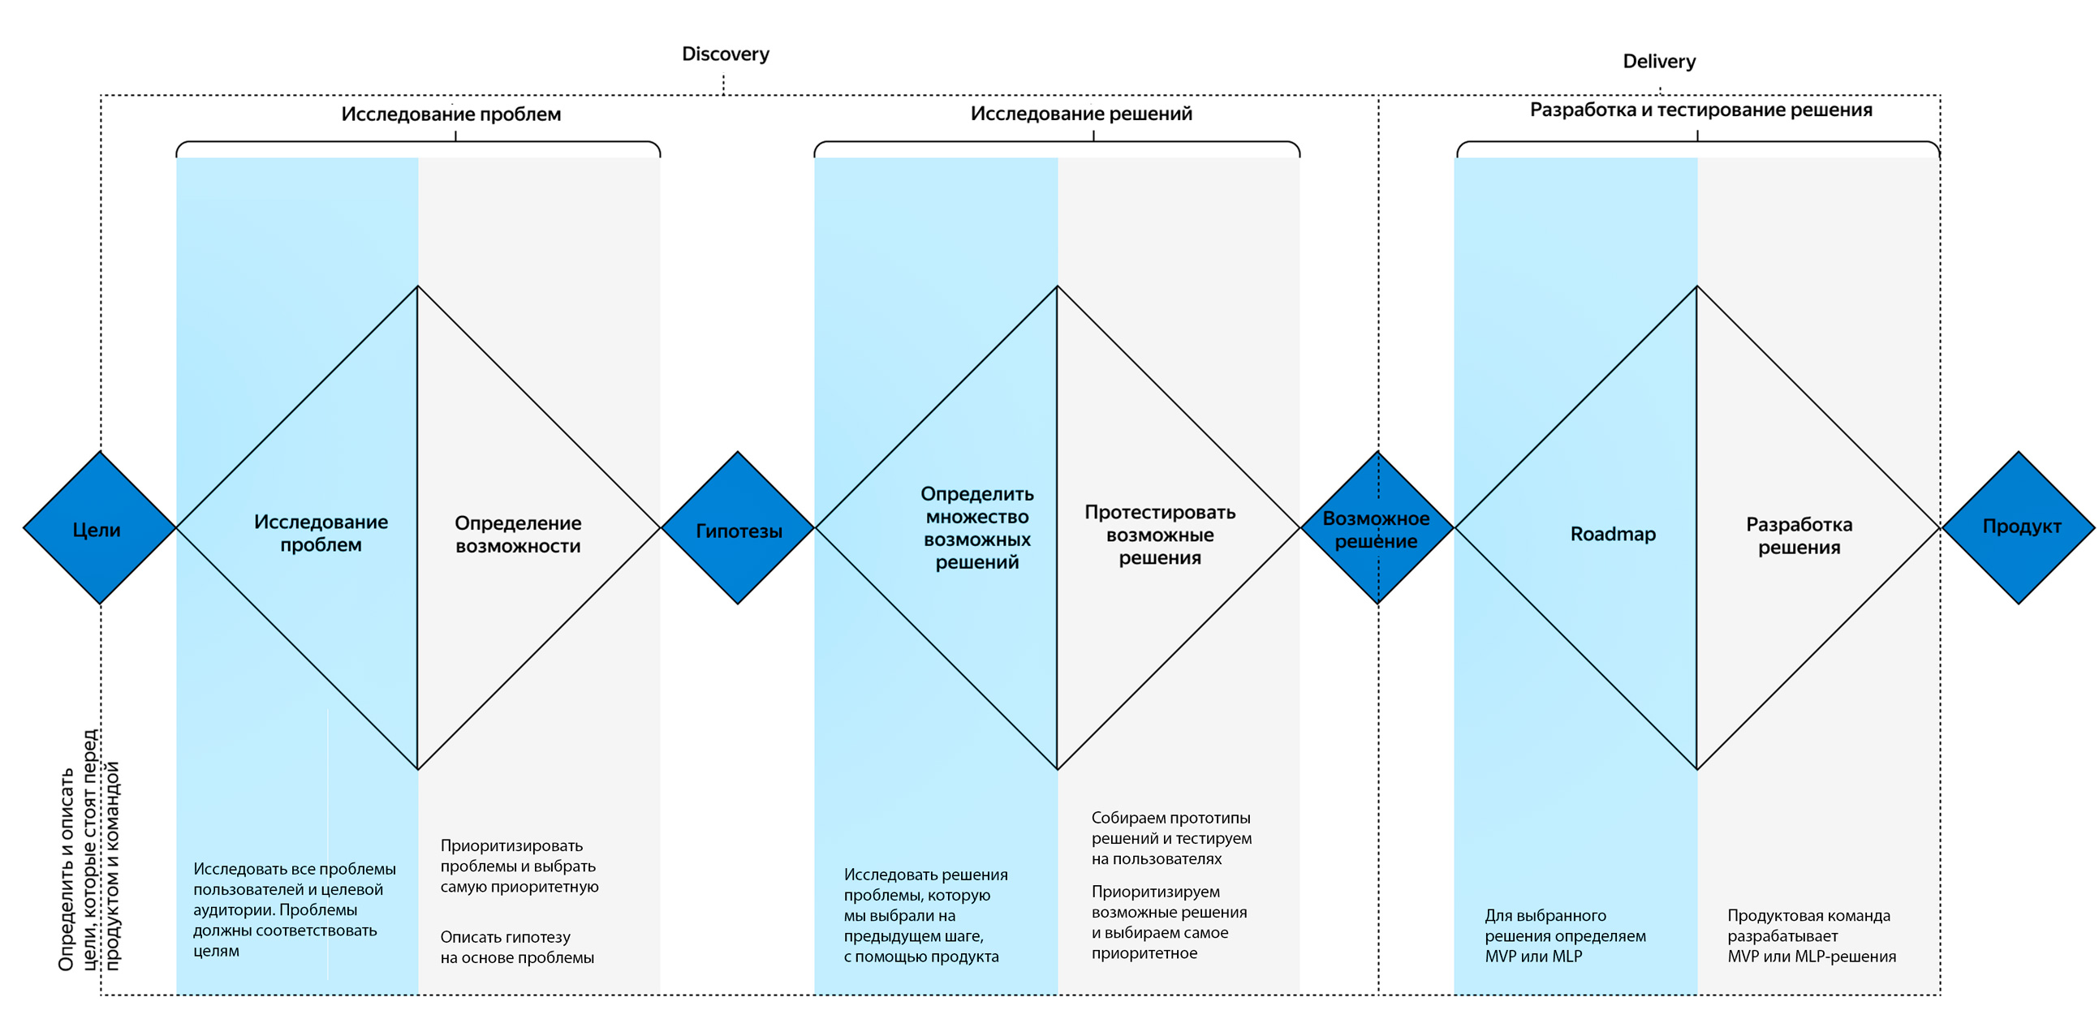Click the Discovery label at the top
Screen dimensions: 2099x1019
725,54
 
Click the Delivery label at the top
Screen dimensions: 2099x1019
1659,61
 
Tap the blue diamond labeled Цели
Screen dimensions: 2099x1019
99,528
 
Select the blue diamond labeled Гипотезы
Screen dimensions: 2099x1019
738,528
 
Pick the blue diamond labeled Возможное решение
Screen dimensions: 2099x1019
1377,528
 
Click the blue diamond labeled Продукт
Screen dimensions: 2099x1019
2019,528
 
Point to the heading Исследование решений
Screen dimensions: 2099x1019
1081,114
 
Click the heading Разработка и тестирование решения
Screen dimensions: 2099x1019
1700,110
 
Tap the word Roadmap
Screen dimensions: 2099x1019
1613,535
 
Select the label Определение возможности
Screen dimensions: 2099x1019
517,535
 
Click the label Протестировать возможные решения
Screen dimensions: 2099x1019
1160,535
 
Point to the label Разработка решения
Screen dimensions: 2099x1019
1799,536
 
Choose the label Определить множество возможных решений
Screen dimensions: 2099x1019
977,528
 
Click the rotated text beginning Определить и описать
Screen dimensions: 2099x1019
89,849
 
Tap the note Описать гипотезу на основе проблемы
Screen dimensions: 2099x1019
517,948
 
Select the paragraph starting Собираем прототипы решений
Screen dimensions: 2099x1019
1172,838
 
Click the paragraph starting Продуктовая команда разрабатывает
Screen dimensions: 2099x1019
1812,936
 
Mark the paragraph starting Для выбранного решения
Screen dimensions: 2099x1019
1565,936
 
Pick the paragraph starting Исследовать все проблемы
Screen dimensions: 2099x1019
294,909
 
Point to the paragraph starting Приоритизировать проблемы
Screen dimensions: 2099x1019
519,866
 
